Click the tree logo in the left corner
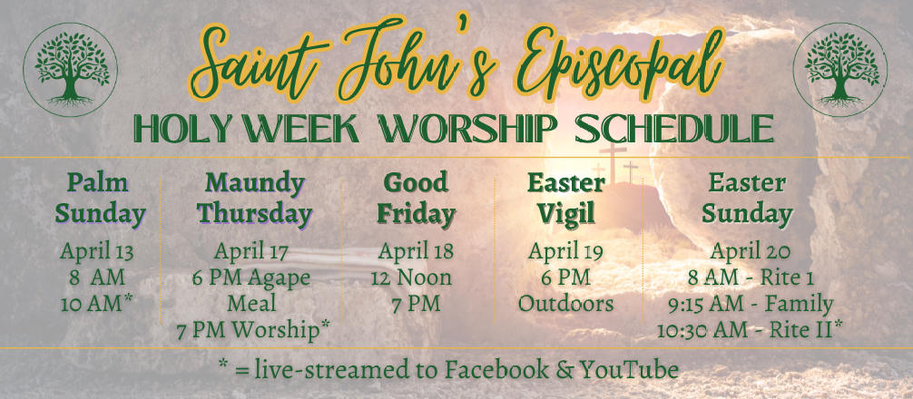pos(71,70)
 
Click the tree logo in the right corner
pos(840,70)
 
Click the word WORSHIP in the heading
pos(466,129)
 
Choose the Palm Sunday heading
pos(100,199)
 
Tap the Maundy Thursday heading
pos(254,199)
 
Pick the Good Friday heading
pos(415,199)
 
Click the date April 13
pos(97,252)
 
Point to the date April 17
pos(250,252)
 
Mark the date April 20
pos(751,252)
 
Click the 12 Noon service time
pos(411,278)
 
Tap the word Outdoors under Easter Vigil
pos(566,304)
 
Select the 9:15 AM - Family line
pos(751,304)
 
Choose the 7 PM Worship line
pos(252,330)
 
